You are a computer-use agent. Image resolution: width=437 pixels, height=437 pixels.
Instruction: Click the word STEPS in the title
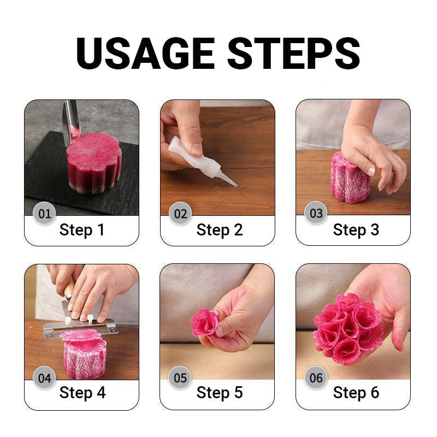click(294, 53)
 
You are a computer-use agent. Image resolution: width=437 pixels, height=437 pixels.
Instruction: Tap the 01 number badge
click(44, 213)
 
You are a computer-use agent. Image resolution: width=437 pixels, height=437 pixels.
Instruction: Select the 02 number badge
click(180, 213)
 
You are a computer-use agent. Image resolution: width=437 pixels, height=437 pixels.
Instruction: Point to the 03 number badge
click(316, 213)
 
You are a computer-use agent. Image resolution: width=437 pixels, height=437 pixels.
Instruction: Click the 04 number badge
click(44, 377)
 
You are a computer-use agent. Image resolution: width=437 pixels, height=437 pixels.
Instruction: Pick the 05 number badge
click(180, 377)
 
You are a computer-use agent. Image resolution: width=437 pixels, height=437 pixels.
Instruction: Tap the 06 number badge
click(316, 377)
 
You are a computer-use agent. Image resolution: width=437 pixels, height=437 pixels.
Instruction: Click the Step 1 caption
click(82, 230)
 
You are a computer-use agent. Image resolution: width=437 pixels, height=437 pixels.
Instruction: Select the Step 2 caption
click(219, 230)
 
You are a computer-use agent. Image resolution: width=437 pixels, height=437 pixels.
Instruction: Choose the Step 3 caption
click(356, 230)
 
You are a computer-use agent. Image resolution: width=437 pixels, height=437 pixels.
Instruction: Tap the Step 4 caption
click(82, 393)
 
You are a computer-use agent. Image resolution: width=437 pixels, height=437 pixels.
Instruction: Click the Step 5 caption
click(219, 393)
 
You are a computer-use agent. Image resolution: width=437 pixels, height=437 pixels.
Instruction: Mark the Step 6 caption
click(356, 393)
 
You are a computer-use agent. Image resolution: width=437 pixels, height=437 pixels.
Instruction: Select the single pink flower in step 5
click(204, 322)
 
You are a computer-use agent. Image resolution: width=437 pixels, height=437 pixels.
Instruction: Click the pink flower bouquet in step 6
click(347, 325)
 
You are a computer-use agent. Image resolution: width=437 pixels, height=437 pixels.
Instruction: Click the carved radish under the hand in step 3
click(350, 180)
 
